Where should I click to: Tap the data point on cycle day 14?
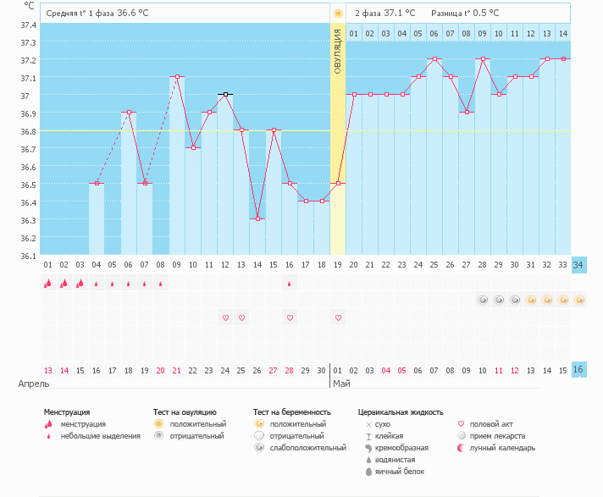click(x=257, y=218)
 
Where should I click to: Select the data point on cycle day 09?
click(x=177, y=76)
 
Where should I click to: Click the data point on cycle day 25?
click(x=434, y=59)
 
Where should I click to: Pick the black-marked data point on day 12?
click(x=225, y=94)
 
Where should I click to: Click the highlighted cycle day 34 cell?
click(x=579, y=265)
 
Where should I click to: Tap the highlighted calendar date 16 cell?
click(x=579, y=369)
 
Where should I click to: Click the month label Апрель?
click(x=28, y=384)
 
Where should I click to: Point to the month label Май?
click(x=341, y=384)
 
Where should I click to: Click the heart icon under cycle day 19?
click(x=338, y=318)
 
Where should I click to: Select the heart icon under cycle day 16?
click(x=290, y=318)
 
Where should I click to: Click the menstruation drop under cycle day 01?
click(x=48, y=284)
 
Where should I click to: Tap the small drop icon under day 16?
click(x=290, y=284)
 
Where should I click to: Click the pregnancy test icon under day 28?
click(x=483, y=300)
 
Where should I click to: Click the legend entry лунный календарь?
click(x=499, y=447)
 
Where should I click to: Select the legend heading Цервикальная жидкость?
click(x=401, y=411)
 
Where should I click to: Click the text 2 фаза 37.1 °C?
click(x=384, y=14)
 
